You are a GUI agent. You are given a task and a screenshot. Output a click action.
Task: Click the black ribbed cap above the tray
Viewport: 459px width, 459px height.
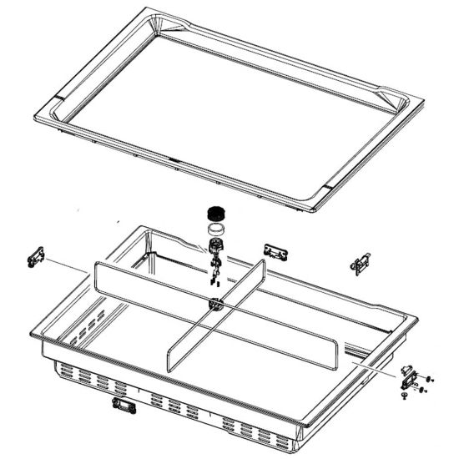pos(215,213)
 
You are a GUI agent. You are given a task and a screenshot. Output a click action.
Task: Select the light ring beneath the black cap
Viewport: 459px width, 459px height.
pos(215,229)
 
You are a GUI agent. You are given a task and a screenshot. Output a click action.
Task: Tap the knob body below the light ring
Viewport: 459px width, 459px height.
pos(217,247)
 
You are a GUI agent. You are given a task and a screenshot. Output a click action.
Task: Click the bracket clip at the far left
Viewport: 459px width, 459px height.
pos(35,258)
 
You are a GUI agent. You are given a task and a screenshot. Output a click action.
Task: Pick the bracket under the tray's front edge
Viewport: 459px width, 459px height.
pos(126,406)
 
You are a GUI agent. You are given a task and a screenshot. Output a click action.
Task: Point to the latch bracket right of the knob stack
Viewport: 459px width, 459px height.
pos(275,252)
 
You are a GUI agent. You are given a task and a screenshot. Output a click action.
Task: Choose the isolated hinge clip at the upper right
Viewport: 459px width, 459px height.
pos(361,263)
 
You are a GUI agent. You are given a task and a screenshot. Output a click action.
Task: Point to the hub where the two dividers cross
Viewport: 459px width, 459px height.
pos(215,305)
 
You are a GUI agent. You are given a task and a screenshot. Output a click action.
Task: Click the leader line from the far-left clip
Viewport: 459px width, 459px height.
pos(67,266)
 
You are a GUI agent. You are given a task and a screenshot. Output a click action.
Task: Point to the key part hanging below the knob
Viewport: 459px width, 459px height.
pos(215,270)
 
